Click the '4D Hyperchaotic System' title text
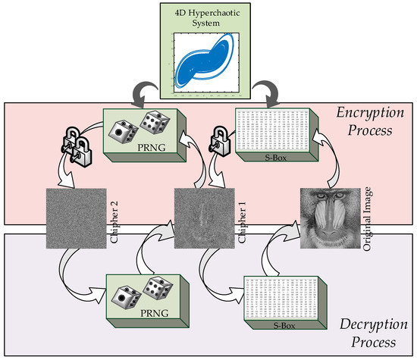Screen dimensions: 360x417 pos(209,17)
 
